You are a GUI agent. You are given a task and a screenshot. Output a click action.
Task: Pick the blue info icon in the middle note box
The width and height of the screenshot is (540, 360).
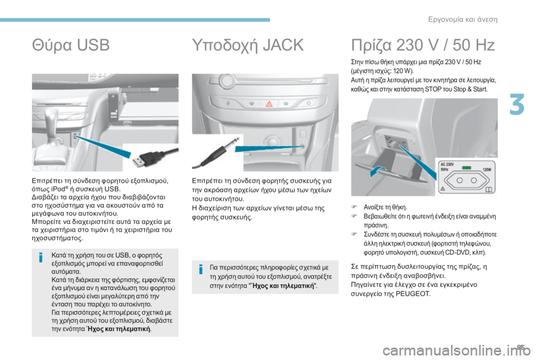click(x=200, y=270)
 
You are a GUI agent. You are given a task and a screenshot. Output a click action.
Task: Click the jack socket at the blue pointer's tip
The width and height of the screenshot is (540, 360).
click(x=303, y=146)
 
